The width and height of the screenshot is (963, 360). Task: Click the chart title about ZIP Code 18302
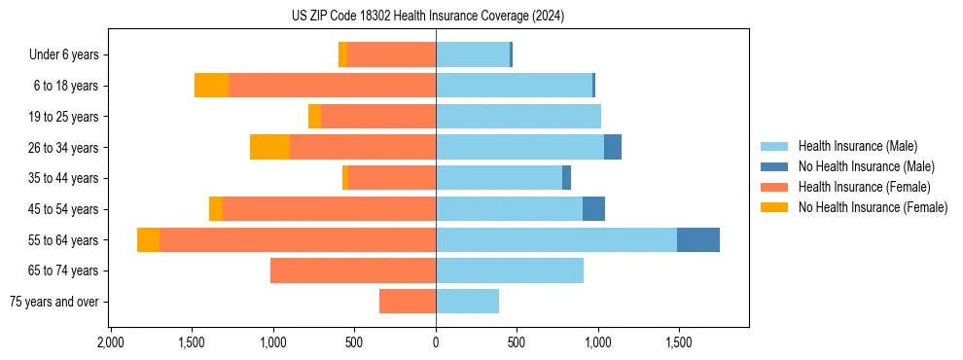pyautogui.click(x=428, y=17)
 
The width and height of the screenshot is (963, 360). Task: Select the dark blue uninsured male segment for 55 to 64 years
pyautogui.click(x=697, y=239)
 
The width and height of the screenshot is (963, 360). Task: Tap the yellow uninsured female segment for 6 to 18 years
pyautogui.click(x=211, y=86)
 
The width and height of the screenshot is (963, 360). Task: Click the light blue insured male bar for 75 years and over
pyautogui.click(x=467, y=302)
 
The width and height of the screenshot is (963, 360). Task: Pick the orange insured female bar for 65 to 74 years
pyautogui.click(x=352, y=270)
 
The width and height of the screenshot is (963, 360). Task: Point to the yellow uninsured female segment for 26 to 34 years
pyautogui.click(x=269, y=147)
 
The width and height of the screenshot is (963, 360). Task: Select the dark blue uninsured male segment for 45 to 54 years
pyautogui.click(x=593, y=209)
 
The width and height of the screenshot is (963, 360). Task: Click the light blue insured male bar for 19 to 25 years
pyautogui.click(x=517, y=117)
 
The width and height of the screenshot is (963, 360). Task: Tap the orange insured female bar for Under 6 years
pyautogui.click(x=391, y=54)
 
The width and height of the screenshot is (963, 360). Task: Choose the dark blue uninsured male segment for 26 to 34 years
pyautogui.click(x=612, y=147)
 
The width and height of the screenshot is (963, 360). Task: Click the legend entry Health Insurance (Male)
pyautogui.click(x=857, y=146)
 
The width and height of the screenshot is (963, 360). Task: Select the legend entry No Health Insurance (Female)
pyautogui.click(x=873, y=207)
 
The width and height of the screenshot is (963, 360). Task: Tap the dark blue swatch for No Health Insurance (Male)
pyautogui.click(x=774, y=166)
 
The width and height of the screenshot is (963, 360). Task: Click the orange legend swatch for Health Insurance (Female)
pyautogui.click(x=774, y=187)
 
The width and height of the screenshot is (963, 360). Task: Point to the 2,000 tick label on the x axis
pyautogui.click(x=111, y=343)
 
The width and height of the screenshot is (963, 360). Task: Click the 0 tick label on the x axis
pyautogui.click(x=436, y=343)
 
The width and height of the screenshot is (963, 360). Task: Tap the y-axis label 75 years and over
pyautogui.click(x=54, y=302)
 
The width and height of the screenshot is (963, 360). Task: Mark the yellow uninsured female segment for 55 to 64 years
pyautogui.click(x=148, y=239)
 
